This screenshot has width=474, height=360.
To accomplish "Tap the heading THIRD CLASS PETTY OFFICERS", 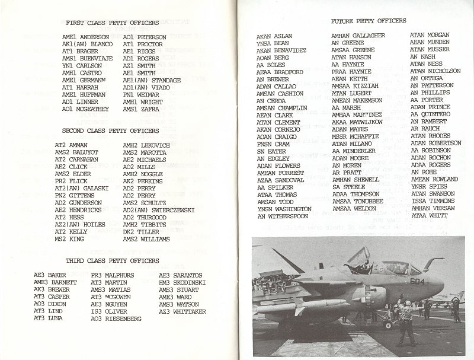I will coord(114,261).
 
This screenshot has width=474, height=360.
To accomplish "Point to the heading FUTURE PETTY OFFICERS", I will coord(369,21).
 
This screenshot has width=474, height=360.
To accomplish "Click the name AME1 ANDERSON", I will coord(85,37).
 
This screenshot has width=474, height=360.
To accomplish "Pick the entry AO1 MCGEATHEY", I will coord(86,109).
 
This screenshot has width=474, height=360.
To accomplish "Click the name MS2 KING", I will coord(69,239).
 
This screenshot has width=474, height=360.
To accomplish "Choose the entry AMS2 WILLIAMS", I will coord(146,239).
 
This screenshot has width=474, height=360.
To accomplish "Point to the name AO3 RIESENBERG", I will coord(116,318).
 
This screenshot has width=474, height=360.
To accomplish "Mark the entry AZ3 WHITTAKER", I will coord(182,311).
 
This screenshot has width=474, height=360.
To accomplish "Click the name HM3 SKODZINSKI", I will coord(182,283).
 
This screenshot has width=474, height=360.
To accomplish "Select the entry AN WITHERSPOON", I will coord(283,216).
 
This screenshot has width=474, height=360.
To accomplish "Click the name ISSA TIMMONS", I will coord(434,201).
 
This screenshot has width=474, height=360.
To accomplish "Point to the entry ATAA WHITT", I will coord(430,216).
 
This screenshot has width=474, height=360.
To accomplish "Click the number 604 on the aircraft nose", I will coord(417,282).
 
